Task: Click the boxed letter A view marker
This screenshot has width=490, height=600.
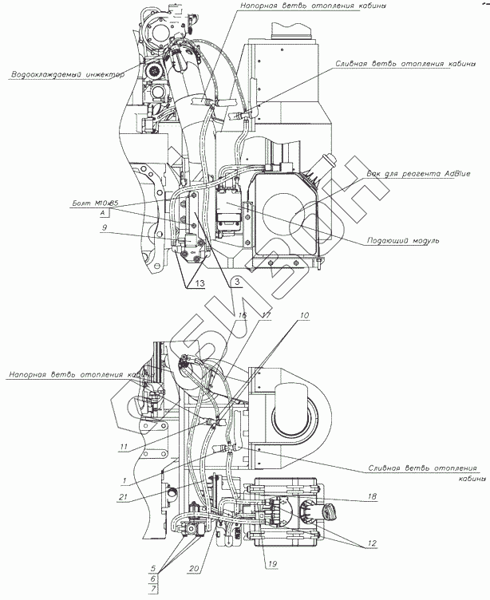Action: [104, 215]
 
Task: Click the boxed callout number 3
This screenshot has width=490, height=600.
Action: [236, 280]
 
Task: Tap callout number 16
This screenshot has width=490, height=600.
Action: [244, 316]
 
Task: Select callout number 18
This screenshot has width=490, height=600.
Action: [373, 497]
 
